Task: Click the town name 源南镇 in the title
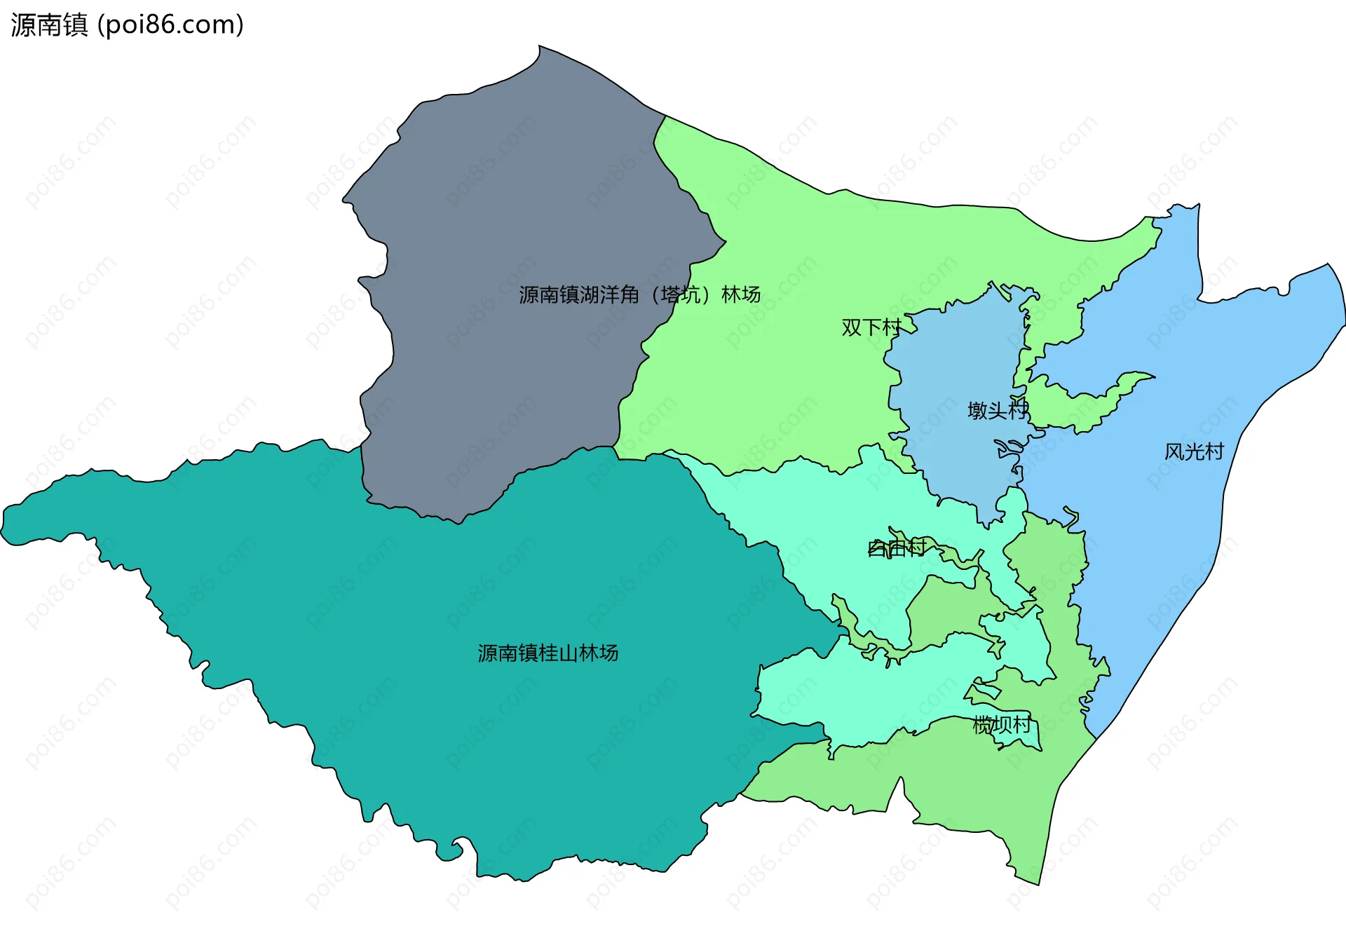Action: [x=49, y=25]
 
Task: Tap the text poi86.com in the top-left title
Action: [x=170, y=25]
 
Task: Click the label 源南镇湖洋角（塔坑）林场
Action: [x=639, y=294]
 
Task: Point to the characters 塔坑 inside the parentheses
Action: [x=680, y=294]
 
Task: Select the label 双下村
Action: [x=871, y=327]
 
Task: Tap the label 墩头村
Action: [x=998, y=410]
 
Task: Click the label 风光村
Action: [x=1194, y=451]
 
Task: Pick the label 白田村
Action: [x=897, y=548]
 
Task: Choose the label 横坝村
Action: [x=1002, y=725]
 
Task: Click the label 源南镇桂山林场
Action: [x=548, y=653]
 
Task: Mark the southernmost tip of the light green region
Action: [x=1036, y=882]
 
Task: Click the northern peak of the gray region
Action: [x=541, y=49]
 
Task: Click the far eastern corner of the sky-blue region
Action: [x=1342, y=308]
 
